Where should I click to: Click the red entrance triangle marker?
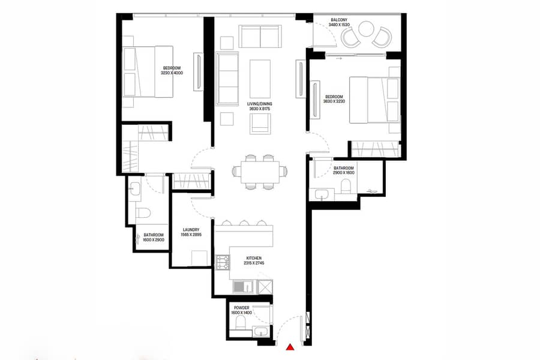click(x=291, y=347)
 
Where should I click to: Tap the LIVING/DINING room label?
click(x=260, y=104)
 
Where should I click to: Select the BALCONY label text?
click(x=339, y=20)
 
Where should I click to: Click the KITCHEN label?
click(x=254, y=258)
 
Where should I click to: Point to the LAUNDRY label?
click(x=191, y=230)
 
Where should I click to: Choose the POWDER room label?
click(x=241, y=308)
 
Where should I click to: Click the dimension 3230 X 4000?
click(x=172, y=73)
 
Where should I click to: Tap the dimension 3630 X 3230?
click(x=334, y=101)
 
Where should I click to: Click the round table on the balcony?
click(x=366, y=29)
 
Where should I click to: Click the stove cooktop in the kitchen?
click(x=223, y=262)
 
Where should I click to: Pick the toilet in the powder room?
click(x=240, y=323)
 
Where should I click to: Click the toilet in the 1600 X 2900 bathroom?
click(x=143, y=212)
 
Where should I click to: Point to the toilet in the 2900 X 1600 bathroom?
click(x=346, y=187)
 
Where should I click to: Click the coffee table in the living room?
click(x=260, y=79)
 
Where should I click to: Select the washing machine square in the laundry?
click(x=199, y=259)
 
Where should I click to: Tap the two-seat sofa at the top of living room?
click(x=260, y=36)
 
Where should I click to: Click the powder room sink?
click(x=262, y=332)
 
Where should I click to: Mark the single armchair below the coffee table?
click(x=260, y=124)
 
